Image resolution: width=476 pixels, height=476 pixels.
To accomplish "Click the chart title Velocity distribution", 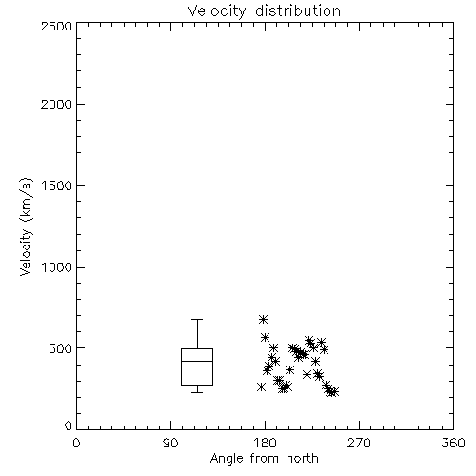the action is click(x=264, y=11).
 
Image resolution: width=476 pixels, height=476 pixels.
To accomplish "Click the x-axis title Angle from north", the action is click(x=264, y=459).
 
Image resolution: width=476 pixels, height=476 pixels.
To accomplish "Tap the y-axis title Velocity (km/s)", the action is click(x=26, y=227).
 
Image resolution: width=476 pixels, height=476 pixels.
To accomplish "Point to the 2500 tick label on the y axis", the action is click(x=56, y=26).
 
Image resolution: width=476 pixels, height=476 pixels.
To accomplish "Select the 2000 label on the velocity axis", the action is click(x=56, y=104).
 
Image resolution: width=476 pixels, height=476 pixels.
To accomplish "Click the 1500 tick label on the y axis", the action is click(x=57, y=186).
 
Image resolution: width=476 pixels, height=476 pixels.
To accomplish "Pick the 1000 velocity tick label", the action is click(x=57, y=267).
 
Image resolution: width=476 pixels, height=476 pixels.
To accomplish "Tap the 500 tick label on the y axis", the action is click(x=61, y=348).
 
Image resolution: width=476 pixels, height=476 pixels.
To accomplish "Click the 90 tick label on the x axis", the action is click(x=170, y=443).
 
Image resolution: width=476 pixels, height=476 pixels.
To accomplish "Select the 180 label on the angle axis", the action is click(x=265, y=443).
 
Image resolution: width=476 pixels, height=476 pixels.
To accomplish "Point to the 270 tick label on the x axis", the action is click(x=359, y=443).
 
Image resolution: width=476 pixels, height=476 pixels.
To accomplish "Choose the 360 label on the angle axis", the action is click(x=453, y=443).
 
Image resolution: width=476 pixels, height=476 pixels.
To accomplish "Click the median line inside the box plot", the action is click(x=197, y=361).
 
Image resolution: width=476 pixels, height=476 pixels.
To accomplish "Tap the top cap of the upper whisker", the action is click(x=197, y=319).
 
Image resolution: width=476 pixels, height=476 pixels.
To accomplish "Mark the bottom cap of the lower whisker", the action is click(x=197, y=392).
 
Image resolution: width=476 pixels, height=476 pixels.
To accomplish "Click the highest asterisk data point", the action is click(x=263, y=319).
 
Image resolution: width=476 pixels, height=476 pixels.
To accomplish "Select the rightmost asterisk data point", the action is click(x=334, y=392).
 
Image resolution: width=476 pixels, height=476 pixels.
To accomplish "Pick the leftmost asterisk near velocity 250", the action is click(x=261, y=387).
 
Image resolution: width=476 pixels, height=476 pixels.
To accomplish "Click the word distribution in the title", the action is click(x=298, y=11).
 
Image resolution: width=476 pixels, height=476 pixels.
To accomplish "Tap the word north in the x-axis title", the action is click(x=303, y=459).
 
